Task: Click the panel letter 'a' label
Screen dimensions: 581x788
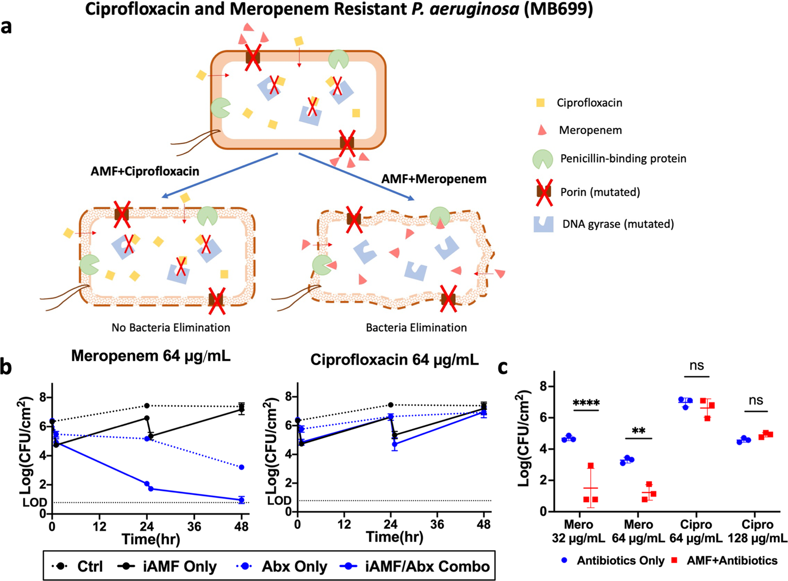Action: pos(7,27)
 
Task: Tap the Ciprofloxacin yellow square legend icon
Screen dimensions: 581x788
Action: pos(540,102)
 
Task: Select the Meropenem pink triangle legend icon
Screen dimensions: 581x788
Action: pos(541,130)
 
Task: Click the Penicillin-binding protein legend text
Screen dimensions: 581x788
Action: pos(623,159)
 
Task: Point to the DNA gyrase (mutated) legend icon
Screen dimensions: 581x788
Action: pos(543,224)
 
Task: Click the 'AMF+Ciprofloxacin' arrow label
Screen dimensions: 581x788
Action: pos(145,172)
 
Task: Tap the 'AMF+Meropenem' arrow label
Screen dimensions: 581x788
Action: pos(434,179)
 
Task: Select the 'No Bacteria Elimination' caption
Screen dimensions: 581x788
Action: pos(170,328)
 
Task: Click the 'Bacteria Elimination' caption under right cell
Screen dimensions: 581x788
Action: pos(416,328)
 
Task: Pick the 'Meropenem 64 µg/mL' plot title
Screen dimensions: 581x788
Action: pos(151,356)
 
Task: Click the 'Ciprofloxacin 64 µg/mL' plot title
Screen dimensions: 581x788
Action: pos(394,359)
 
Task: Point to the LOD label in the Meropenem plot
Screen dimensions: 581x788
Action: pos(35,503)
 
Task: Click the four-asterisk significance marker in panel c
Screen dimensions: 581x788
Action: pos(586,402)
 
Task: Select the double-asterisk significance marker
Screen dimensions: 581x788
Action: pos(638,431)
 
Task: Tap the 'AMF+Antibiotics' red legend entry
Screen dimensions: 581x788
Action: pos(731,560)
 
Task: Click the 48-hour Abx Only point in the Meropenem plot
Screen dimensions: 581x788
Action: pos(241,467)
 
